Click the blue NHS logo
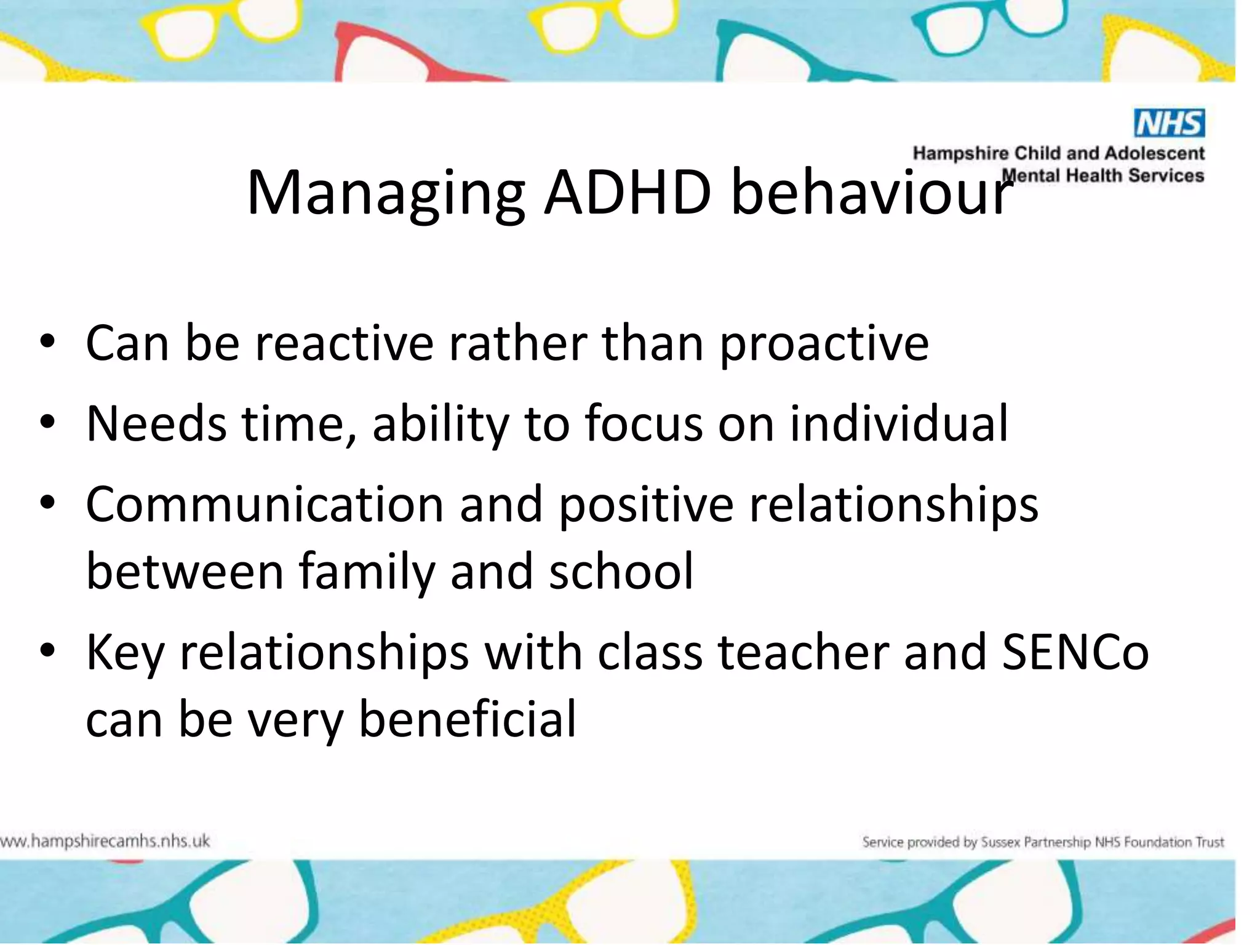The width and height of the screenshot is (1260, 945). pyautogui.click(x=1169, y=123)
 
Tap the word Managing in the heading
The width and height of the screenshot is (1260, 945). pyautogui.click(x=386, y=194)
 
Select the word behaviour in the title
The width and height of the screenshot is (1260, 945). pyautogui.click(x=871, y=193)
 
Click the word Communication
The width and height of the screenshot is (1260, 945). pyautogui.click(x=265, y=504)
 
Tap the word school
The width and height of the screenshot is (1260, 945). pyautogui.click(x=621, y=572)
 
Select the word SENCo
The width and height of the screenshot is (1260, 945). pyautogui.click(x=1075, y=652)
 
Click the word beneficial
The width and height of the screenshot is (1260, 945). pyautogui.click(x=468, y=719)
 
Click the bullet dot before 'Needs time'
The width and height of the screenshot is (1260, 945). pyautogui.click(x=47, y=423)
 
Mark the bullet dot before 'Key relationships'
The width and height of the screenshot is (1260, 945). pyautogui.click(x=47, y=650)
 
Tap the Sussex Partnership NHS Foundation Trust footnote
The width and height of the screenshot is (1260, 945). pyautogui.click(x=1043, y=842)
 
